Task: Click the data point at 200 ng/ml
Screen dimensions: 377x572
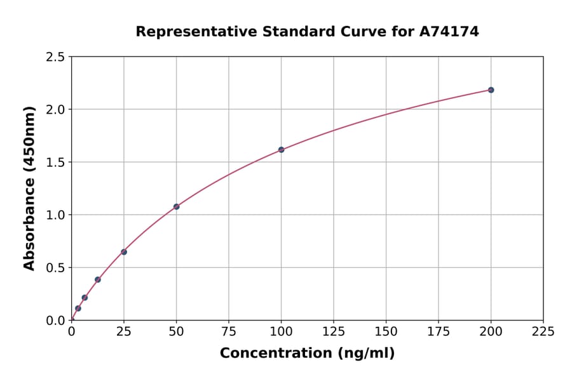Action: [491, 90]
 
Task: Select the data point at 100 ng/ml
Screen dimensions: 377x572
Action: [281, 150]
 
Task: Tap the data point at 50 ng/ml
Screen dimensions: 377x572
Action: [176, 207]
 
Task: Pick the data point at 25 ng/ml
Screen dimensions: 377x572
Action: [124, 252]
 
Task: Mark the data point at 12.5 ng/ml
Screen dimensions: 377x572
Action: [98, 279]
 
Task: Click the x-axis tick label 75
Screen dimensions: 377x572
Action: [229, 331]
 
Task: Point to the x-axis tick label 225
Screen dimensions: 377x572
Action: [543, 331]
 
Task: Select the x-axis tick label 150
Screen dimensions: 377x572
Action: [386, 331]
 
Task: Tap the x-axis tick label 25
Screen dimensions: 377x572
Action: [124, 331]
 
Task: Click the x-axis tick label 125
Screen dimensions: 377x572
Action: [334, 331]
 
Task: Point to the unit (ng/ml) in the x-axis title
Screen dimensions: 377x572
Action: [367, 354]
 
